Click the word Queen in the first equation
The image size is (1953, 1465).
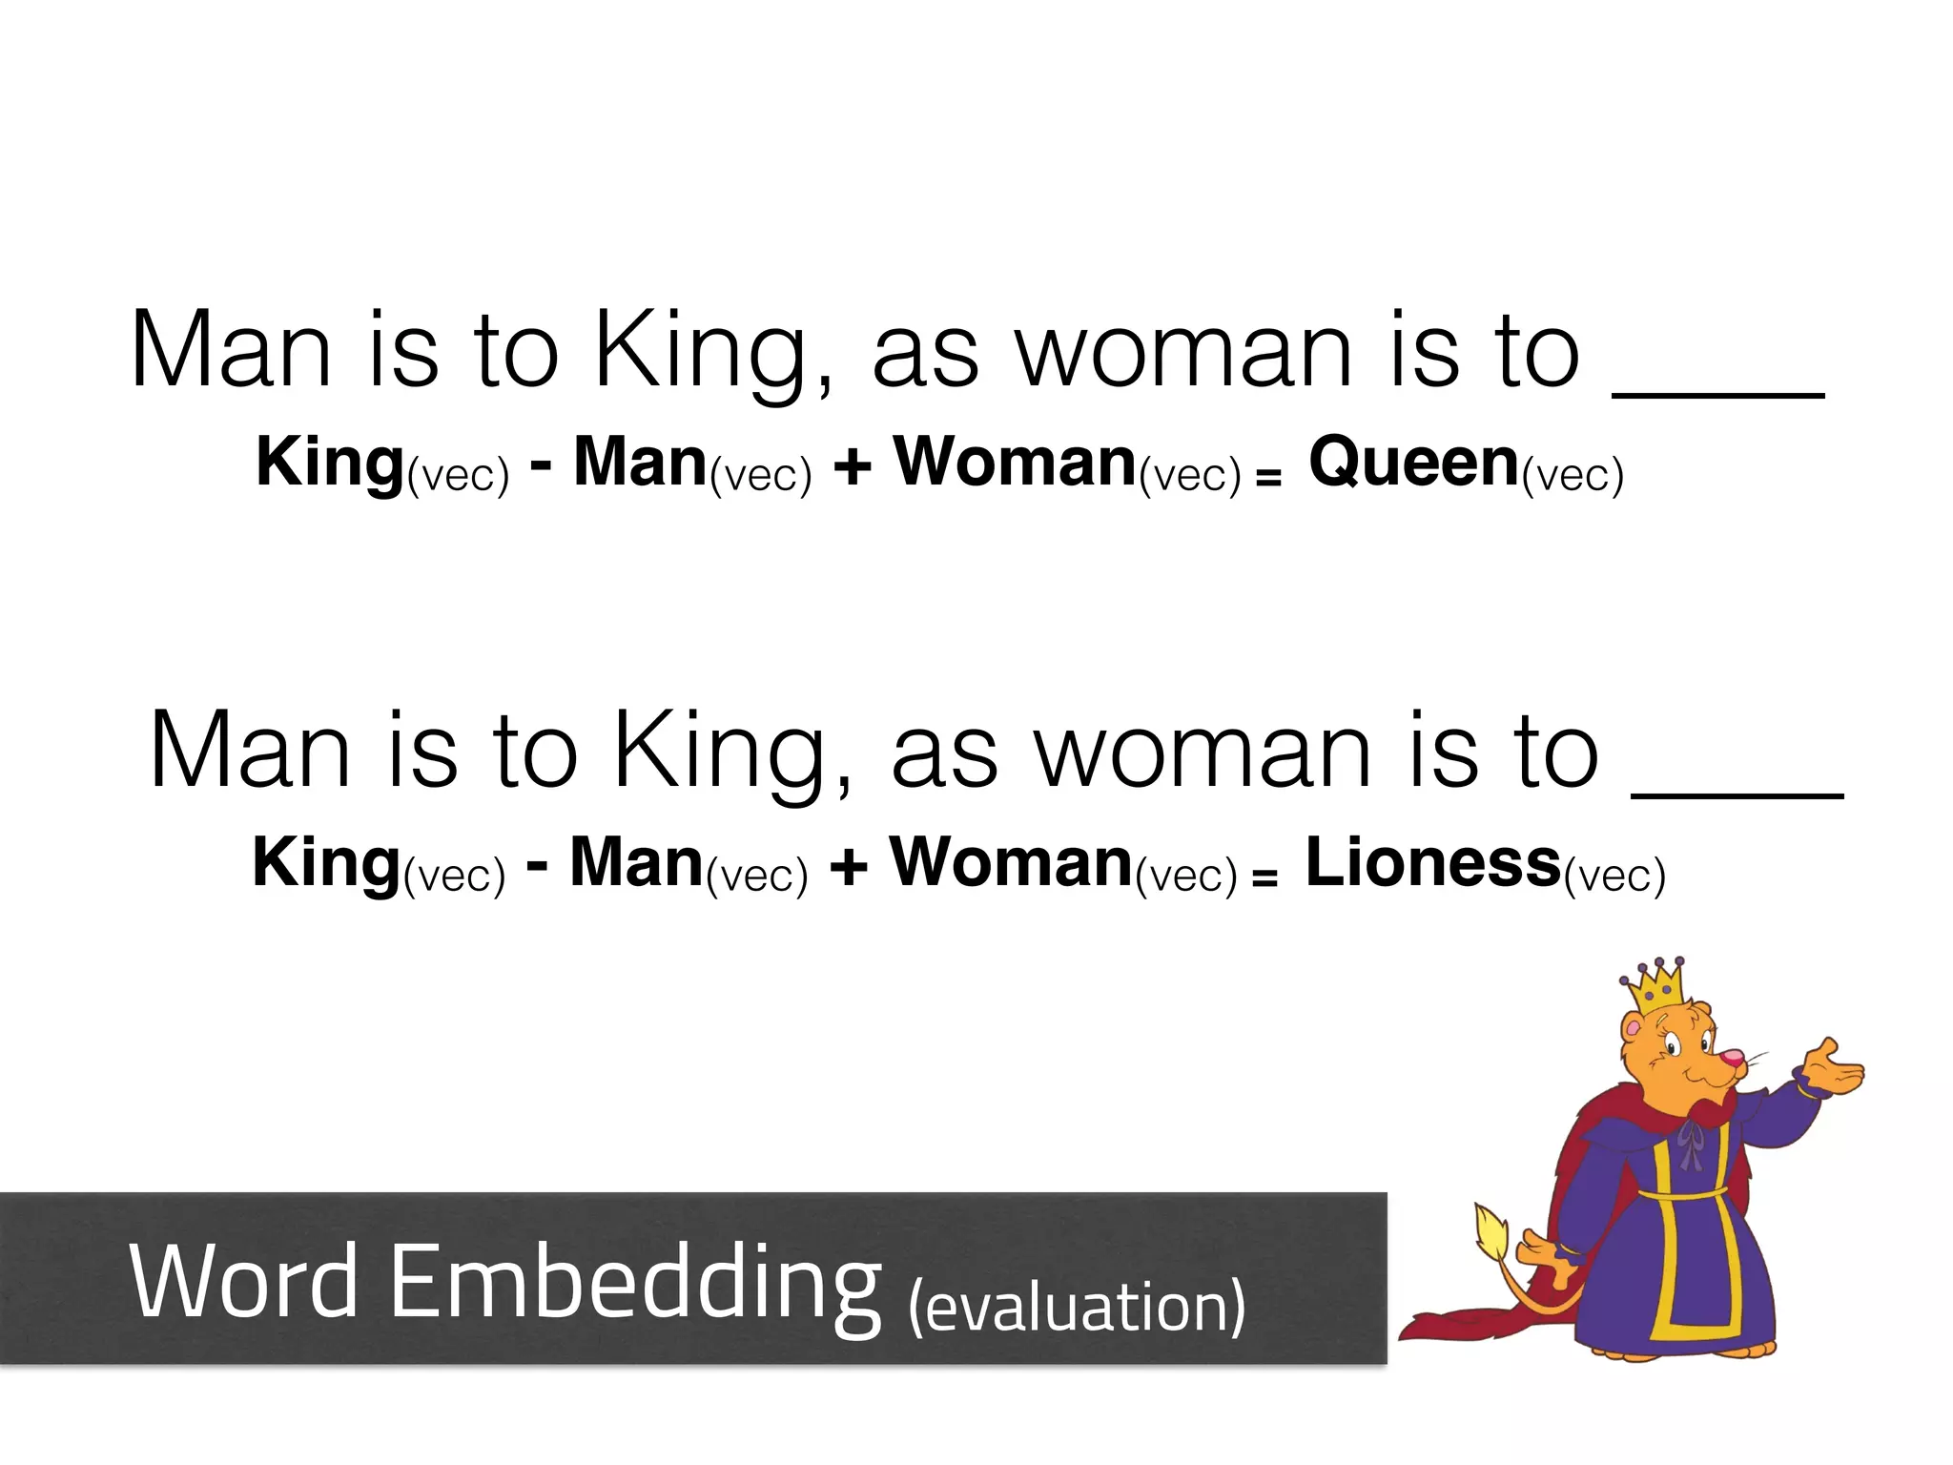[x=1412, y=464]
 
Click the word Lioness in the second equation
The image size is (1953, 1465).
[x=1431, y=863]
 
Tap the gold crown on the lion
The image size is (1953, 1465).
[x=1656, y=987]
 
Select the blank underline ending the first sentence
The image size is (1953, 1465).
[x=1717, y=393]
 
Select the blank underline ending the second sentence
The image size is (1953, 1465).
[x=1737, y=793]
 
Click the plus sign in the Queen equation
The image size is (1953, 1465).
[x=852, y=467]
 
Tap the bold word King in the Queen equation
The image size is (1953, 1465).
[x=330, y=464]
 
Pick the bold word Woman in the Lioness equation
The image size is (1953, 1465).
[x=1011, y=863]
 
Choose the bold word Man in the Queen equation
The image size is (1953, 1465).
[x=640, y=464]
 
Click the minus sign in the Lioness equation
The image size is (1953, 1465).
[x=537, y=866]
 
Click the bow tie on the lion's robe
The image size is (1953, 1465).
[x=1689, y=1141]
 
